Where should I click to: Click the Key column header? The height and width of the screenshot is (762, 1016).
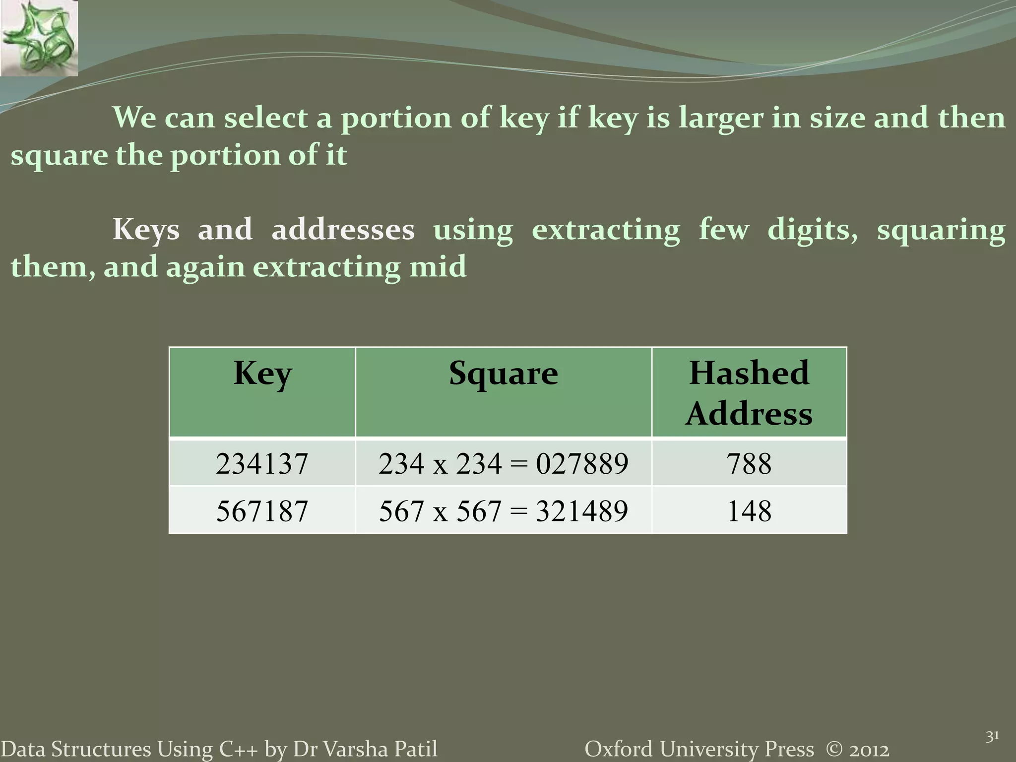click(262, 374)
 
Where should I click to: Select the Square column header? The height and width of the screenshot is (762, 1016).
click(503, 374)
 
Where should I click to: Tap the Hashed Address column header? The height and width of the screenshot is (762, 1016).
click(749, 393)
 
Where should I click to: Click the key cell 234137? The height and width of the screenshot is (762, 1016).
click(262, 464)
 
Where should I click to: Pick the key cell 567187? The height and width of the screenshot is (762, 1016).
click(262, 511)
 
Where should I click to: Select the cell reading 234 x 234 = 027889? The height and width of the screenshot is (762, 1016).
click(503, 464)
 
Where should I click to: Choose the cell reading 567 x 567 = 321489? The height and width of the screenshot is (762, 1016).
click(503, 511)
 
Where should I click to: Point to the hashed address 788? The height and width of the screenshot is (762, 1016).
click(749, 464)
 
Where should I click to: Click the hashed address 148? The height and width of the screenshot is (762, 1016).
click(749, 511)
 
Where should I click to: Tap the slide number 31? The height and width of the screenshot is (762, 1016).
click(992, 737)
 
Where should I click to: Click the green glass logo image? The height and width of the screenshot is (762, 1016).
click(39, 38)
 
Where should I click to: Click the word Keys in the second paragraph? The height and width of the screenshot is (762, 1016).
click(146, 230)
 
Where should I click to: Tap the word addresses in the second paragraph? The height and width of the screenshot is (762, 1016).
click(343, 230)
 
